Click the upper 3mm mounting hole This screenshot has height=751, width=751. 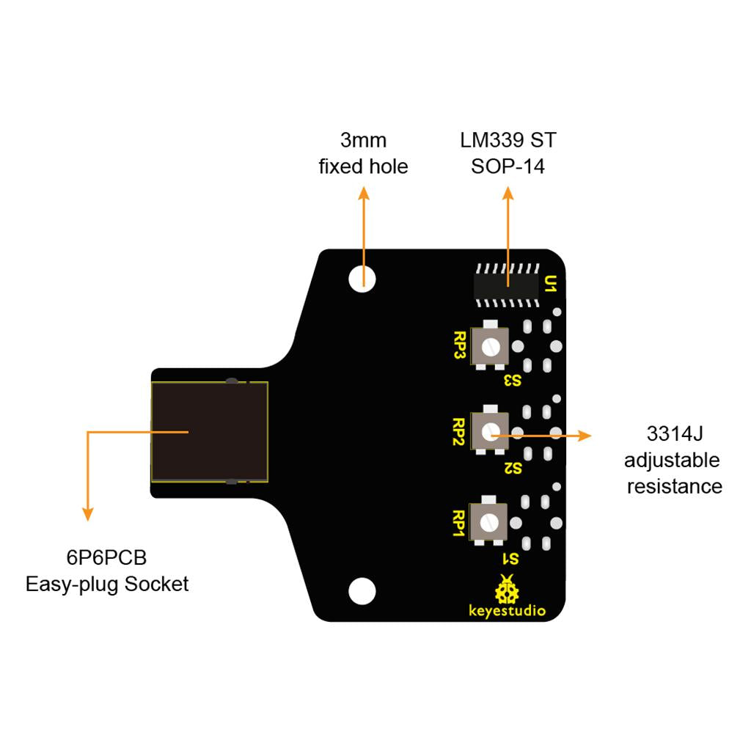click(362, 277)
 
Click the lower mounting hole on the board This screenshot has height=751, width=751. click(362, 590)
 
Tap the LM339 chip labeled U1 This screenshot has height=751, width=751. click(507, 283)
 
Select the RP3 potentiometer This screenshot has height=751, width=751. click(491, 345)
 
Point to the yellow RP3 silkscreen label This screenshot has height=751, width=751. click(461, 345)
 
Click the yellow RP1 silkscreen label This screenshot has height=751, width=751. click(461, 524)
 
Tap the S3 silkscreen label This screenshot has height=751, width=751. click(512, 381)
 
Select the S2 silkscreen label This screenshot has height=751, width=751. click(512, 468)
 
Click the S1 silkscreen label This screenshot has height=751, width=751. click(510, 558)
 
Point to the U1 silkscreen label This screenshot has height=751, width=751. click(552, 283)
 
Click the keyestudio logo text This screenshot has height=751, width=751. click(507, 610)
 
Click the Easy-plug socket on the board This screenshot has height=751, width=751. click(209, 432)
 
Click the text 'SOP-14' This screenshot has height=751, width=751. click(508, 166)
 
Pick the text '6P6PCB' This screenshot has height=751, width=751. click(107, 558)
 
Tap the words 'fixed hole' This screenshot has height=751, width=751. click(363, 166)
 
